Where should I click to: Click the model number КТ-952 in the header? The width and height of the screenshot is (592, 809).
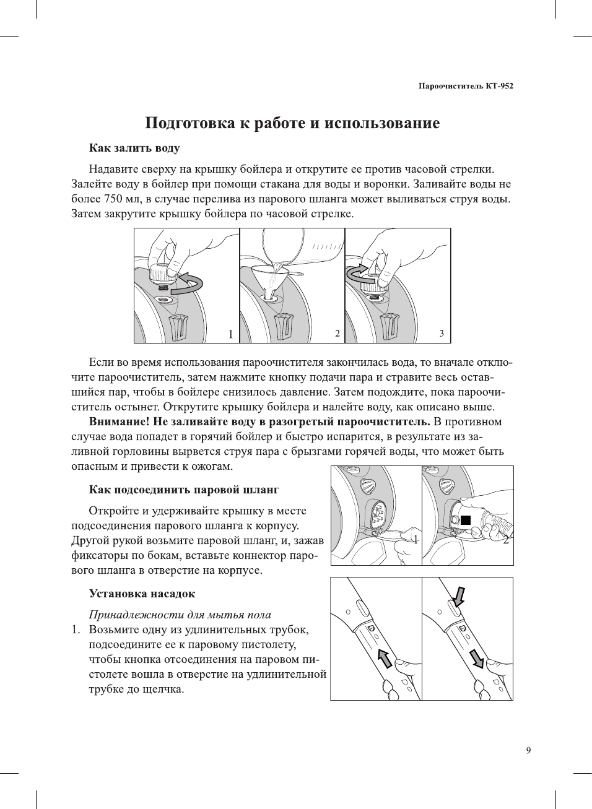click(x=499, y=86)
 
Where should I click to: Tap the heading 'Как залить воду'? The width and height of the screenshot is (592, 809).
click(x=134, y=148)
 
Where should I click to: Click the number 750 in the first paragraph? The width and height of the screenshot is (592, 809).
click(x=113, y=199)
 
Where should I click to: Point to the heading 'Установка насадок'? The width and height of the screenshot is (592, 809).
click(x=142, y=594)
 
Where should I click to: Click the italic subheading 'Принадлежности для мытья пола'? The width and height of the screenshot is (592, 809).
click(x=180, y=615)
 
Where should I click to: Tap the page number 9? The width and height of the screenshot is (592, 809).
click(x=528, y=751)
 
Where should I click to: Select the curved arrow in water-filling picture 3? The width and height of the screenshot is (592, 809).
click(x=360, y=273)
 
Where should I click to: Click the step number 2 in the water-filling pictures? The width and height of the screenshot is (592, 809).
click(x=337, y=334)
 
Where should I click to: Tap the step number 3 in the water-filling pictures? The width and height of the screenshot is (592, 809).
click(x=442, y=334)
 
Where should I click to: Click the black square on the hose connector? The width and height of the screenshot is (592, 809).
click(x=466, y=519)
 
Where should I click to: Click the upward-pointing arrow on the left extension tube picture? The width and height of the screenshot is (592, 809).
click(x=385, y=658)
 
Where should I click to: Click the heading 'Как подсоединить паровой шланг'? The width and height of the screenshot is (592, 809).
click(x=184, y=490)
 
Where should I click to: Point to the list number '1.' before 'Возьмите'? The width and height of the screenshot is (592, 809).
click(x=76, y=629)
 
